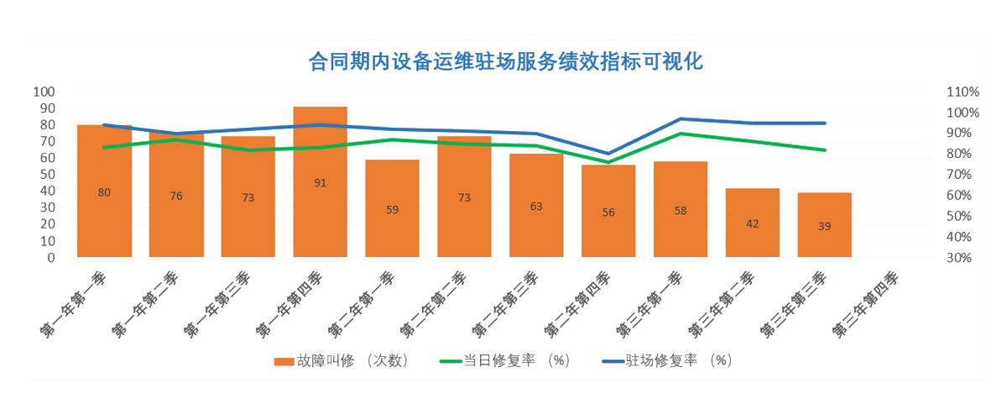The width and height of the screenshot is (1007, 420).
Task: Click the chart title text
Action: (505, 61)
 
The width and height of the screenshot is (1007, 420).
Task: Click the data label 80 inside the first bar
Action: (104, 192)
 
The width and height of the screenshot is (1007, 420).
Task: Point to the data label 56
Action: (608, 213)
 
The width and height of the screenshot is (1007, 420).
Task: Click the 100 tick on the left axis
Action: (44, 92)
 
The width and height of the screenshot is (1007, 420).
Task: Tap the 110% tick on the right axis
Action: (962, 92)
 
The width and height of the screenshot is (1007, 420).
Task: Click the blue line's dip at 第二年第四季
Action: (608, 154)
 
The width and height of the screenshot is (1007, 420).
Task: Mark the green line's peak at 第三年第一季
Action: (681, 134)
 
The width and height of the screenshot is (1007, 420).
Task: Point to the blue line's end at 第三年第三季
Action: (825, 123)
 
